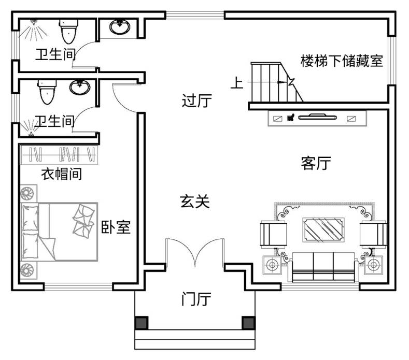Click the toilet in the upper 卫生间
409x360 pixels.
pos(68,33)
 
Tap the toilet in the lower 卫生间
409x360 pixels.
pos(46,92)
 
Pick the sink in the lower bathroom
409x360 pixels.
pos(80,88)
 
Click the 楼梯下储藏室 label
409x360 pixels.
pos(342,61)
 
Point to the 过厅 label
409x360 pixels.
pos(197,100)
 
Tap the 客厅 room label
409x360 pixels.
pos(316,164)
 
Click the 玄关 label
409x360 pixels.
pos(195,201)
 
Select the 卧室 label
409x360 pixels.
pos(115,227)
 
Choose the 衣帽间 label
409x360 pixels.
pos(61,174)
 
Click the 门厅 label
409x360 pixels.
pos(196,299)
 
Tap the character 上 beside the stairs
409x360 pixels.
pos(236,83)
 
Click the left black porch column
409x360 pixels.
pos(141,323)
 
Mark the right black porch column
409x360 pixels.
pos(249,323)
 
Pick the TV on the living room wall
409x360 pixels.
pos(316,117)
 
